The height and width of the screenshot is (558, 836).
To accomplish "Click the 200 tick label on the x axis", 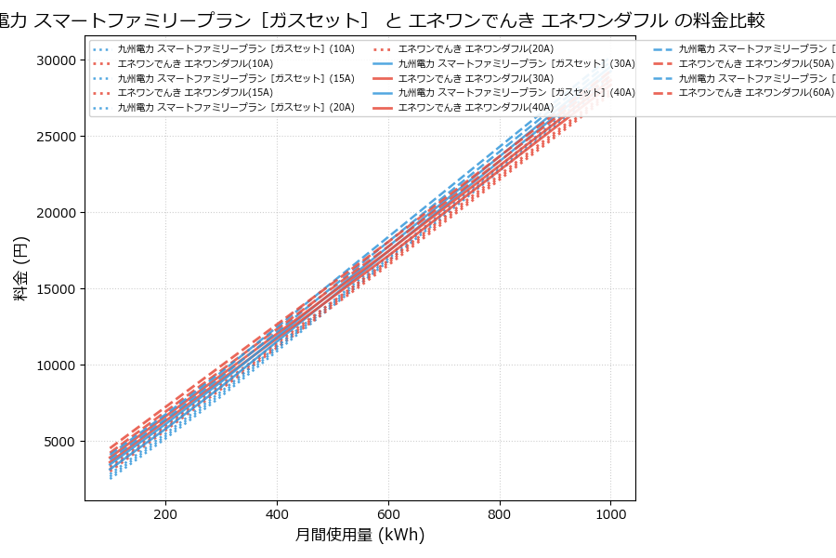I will [165, 514].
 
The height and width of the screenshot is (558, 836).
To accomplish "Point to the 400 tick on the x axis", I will [277, 514].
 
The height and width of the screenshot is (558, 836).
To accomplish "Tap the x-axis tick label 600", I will [388, 514].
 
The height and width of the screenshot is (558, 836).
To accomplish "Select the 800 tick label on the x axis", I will [500, 514].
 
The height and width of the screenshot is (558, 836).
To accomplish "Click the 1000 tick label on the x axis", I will [610, 514].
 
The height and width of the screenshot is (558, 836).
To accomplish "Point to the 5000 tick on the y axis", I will [56, 442].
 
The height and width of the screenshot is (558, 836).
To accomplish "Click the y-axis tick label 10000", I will [52, 365].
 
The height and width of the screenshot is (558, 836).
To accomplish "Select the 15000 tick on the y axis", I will [52, 289].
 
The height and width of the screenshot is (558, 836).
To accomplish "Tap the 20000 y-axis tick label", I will [52, 213].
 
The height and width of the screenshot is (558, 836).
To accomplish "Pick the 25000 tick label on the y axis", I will [52, 137].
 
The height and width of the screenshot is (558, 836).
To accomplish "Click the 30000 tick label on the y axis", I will [52, 60].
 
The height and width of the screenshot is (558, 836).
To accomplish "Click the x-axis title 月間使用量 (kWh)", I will [359, 535].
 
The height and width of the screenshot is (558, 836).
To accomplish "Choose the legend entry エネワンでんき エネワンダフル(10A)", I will [195, 63].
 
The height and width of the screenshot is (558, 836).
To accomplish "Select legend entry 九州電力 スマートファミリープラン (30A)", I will [516, 63].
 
